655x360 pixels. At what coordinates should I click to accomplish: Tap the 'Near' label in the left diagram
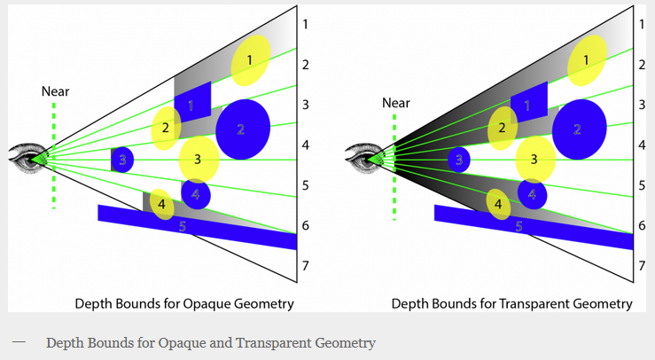[55, 91]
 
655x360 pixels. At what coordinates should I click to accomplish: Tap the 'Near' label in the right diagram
[396, 103]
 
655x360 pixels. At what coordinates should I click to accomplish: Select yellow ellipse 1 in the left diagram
[251, 60]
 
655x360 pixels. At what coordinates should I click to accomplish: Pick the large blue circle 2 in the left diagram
[242, 129]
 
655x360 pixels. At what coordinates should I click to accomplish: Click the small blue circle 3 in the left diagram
[122, 160]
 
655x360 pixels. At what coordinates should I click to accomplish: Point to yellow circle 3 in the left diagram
[199, 160]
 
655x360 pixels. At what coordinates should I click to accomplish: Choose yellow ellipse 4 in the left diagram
[161, 204]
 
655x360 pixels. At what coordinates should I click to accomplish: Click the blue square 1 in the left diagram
[192, 103]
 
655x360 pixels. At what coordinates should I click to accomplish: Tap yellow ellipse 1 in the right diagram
[587, 60]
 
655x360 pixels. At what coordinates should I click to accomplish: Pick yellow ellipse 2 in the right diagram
[503, 128]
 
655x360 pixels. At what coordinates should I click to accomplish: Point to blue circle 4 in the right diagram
[532, 193]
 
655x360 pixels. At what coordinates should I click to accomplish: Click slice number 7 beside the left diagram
[306, 266]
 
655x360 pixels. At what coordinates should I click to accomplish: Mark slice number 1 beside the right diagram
[642, 24]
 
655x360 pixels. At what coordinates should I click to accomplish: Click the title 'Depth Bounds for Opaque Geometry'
[184, 304]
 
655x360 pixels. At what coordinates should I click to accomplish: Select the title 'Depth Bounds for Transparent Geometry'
[511, 304]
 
